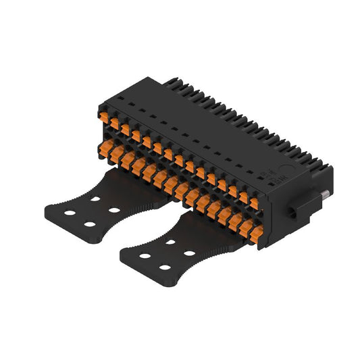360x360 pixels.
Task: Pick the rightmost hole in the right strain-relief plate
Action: (190, 253)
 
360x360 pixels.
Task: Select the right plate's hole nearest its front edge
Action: (165, 267)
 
